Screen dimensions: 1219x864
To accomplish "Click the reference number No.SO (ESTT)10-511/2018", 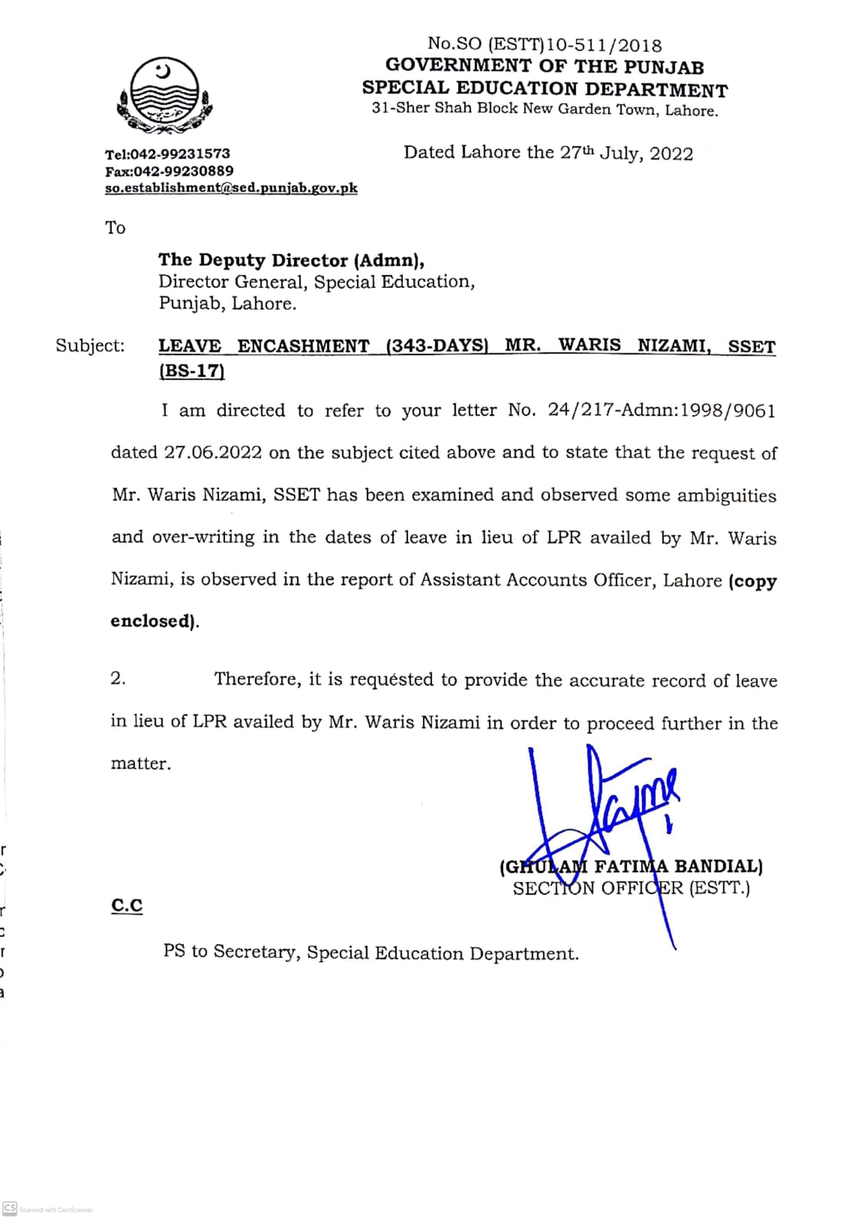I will click(545, 45).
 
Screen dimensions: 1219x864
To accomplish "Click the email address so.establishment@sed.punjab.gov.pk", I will click(231, 188).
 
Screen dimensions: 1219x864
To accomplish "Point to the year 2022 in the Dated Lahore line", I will click(671, 154).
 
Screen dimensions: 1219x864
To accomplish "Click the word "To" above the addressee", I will click(116, 227).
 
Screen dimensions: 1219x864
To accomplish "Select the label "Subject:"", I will click(90, 345).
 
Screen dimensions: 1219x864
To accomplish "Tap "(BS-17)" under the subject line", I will click(191, 371).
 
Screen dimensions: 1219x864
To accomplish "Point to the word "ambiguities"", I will click(726, 495).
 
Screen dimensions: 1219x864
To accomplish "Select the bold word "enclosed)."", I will click(155, 621).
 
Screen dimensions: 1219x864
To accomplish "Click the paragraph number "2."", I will click(118, 678).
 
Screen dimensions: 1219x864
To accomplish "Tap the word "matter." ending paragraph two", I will click(141, 763).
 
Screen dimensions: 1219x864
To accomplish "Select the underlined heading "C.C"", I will click(126, 905).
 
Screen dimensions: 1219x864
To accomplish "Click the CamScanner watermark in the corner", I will click(47, 1209).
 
